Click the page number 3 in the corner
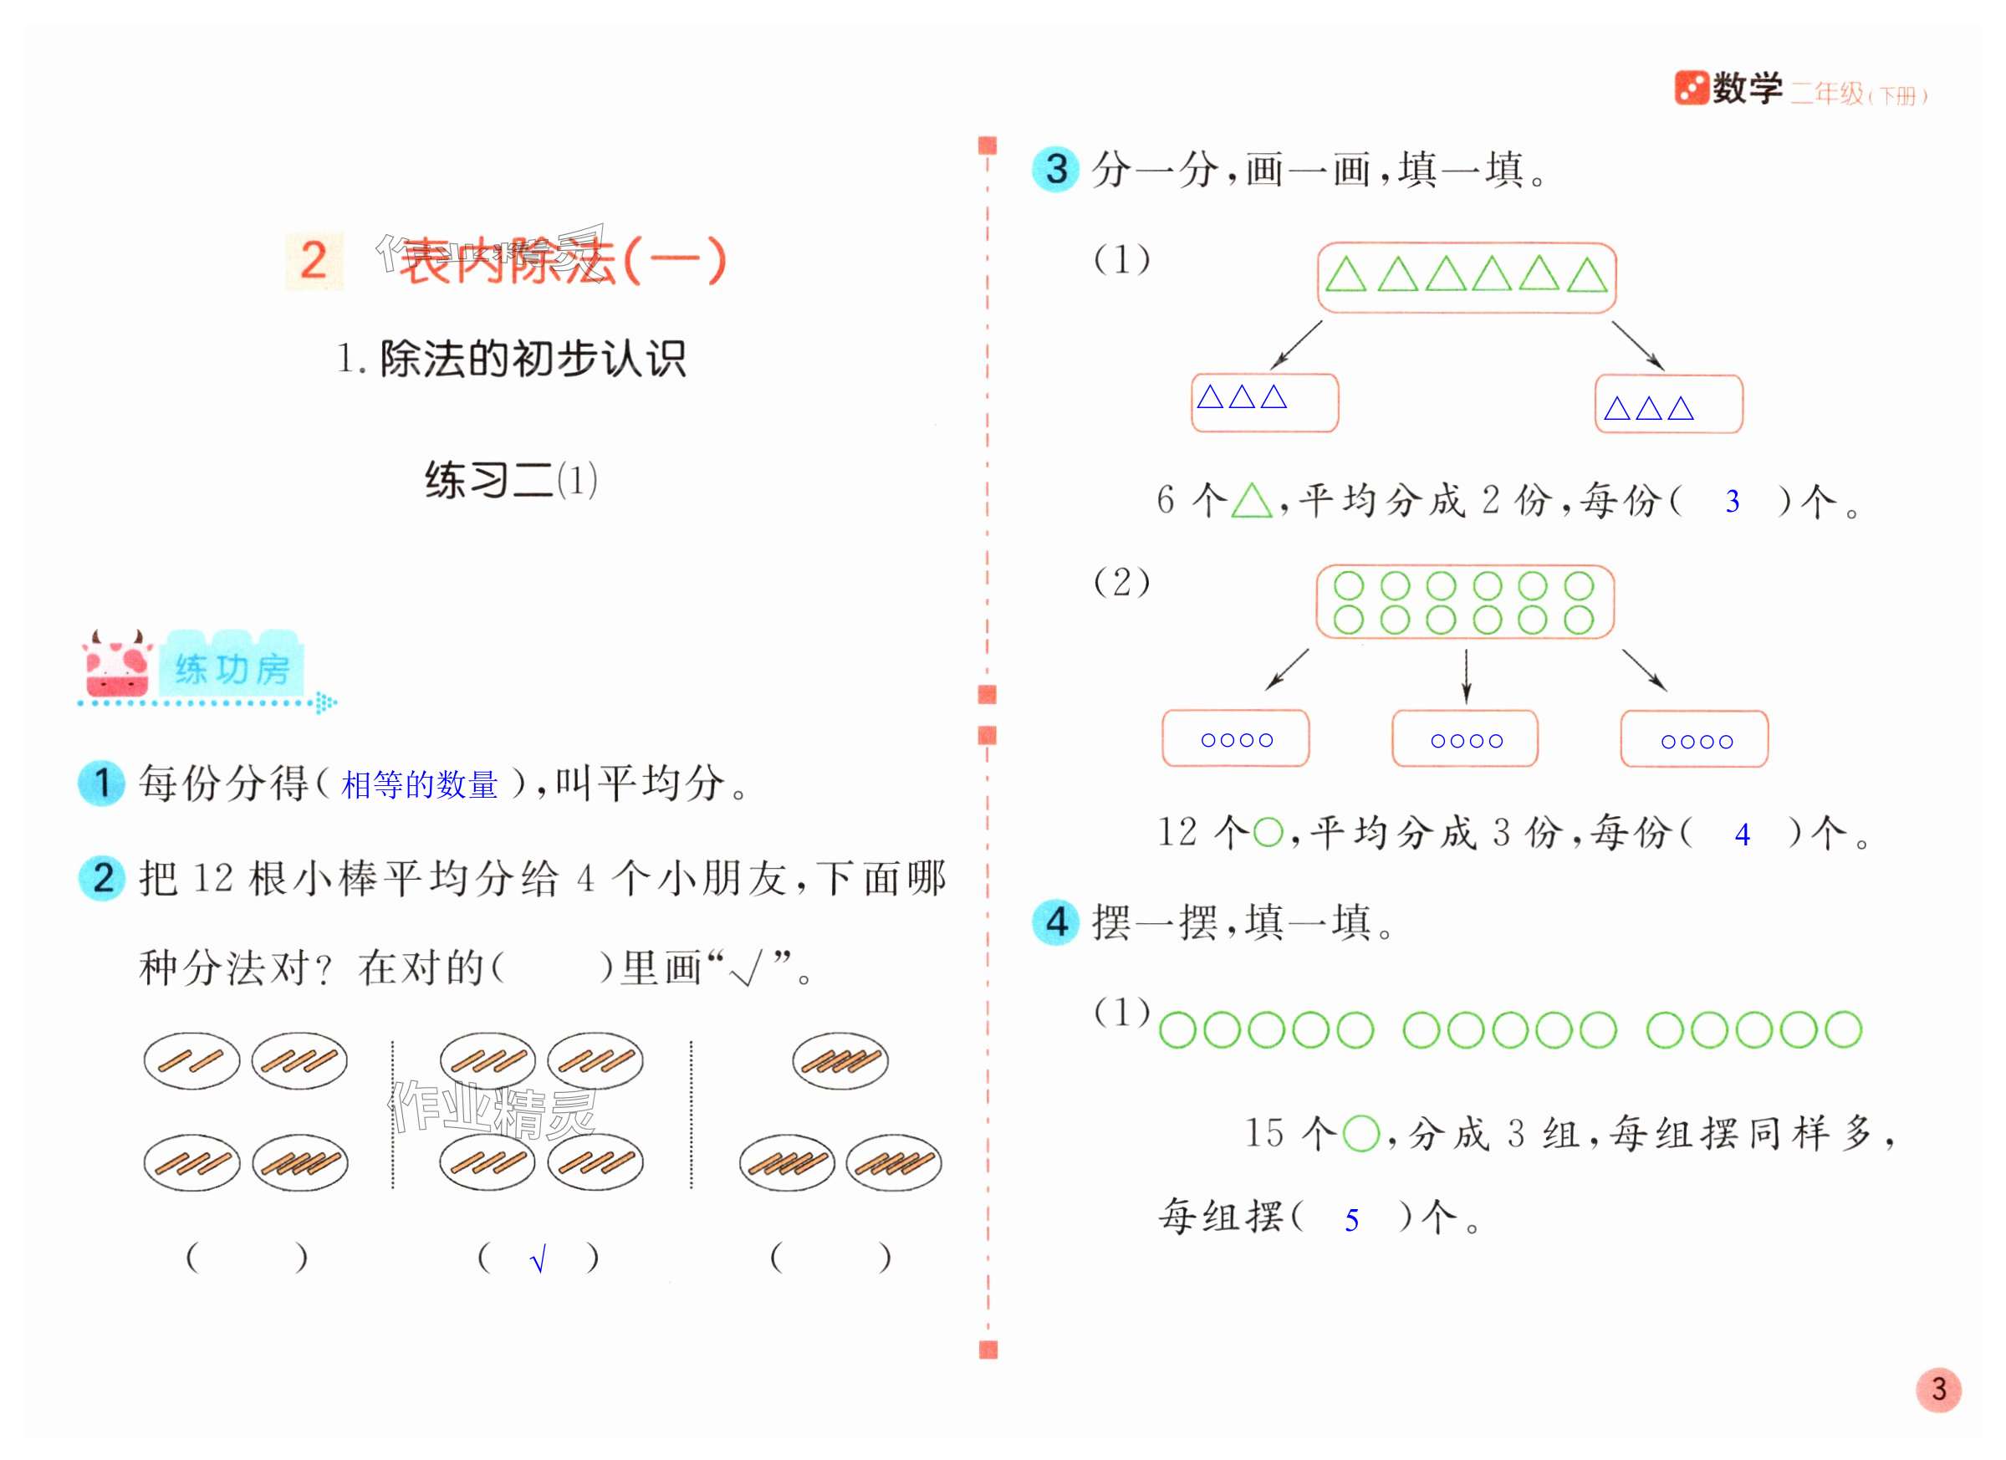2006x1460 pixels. click(1938, 1389)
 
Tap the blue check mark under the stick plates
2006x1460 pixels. click(538, 1258)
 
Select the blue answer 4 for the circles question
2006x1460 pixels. click(1742, 835)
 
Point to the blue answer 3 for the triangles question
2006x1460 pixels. click(1732, 503)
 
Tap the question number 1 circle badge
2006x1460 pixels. click(101, 783)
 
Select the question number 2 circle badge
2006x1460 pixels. click(102, 878)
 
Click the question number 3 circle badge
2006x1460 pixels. click(1055, 169)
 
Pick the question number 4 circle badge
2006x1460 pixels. click(1055, 922)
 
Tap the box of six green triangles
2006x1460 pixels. click(1466, 277)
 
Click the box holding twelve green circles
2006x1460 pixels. click(1465, 602)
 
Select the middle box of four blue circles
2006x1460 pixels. click(1465, 739)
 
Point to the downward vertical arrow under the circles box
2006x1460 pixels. click(1466, 676)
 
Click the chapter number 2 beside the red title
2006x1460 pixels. click(313, 261)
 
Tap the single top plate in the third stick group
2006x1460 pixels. click(840, 1060)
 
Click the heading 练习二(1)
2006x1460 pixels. click(510, 480)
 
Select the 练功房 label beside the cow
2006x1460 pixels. click(232, 670)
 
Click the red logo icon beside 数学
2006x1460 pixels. click(1690, 89)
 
